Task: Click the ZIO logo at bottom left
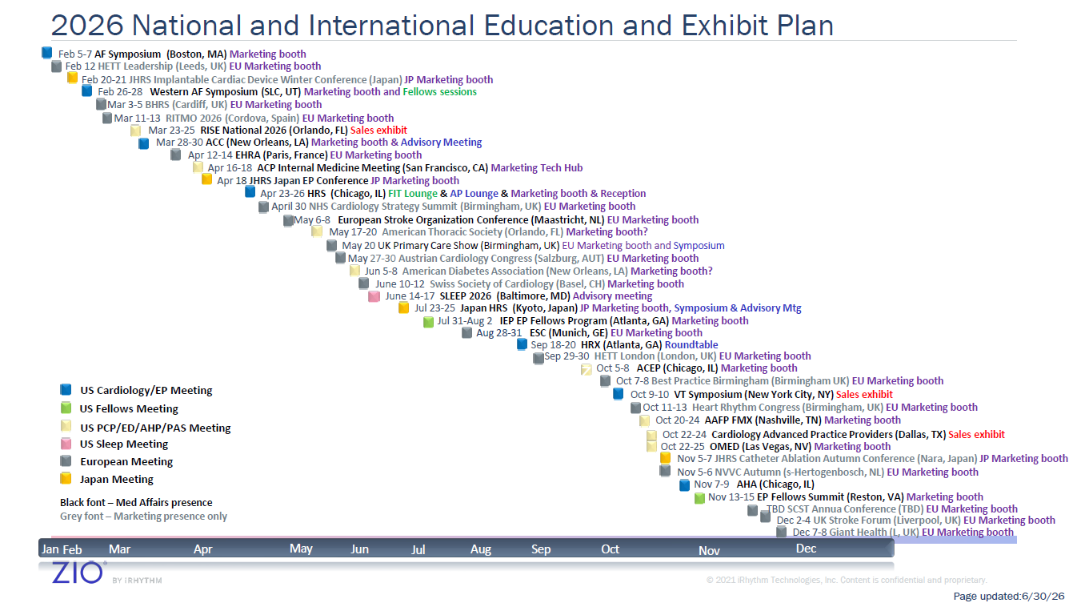point(78,572)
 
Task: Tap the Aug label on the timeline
point(481,549)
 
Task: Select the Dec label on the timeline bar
point(806,549)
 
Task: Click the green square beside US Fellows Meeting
point(66,408)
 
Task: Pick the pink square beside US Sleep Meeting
point(66,444)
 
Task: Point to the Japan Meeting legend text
point(117,479)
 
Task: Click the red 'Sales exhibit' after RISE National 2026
point(378,130)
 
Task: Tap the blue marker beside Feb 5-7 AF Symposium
point(46,53)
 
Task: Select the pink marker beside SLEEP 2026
point(374,296)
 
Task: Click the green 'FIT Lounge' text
point(412,193)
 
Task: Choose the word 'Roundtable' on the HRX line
point(691,344)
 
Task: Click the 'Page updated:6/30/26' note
point(1008,596)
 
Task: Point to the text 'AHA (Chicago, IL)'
point(775,484)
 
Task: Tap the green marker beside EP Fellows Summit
point(699,498)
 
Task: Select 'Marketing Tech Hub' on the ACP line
point(536,167)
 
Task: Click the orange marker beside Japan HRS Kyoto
point(403,308)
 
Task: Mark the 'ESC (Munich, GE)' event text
point(568,333)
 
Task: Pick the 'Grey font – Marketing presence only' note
point(143,516)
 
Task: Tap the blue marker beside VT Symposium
point(618,394)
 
